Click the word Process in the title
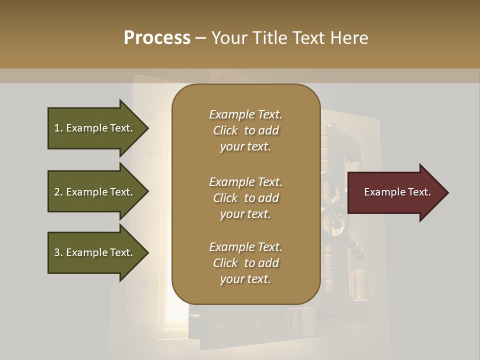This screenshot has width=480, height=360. pyautogui.click(x=157, y=38)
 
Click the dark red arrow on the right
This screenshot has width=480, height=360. pyautogui.click(x=395, y=192)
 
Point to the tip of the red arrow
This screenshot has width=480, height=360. pyautogui.click(x=447, y=192)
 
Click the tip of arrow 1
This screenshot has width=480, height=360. pyautogui.click(x=147, y=128)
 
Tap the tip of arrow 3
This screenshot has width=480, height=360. pyautogui.click(x=147, y=252)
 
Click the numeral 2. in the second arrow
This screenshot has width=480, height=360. pyautogui.click(x=58, y=192)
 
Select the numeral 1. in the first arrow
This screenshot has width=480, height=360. pyautogui.click(x=58, y=128)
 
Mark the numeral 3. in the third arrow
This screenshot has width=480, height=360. pyautogui.click(x=58, y=252)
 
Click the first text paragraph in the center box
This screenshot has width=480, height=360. pyautogui.click(x=245, y=130)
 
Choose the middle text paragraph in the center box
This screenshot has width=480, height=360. pyautogui.click(x=245, y=197)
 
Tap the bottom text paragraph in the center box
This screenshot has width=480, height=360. pyautogui.click(x=245, y=263)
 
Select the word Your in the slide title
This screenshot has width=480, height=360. pyautogui.click(x=229, y=38)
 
